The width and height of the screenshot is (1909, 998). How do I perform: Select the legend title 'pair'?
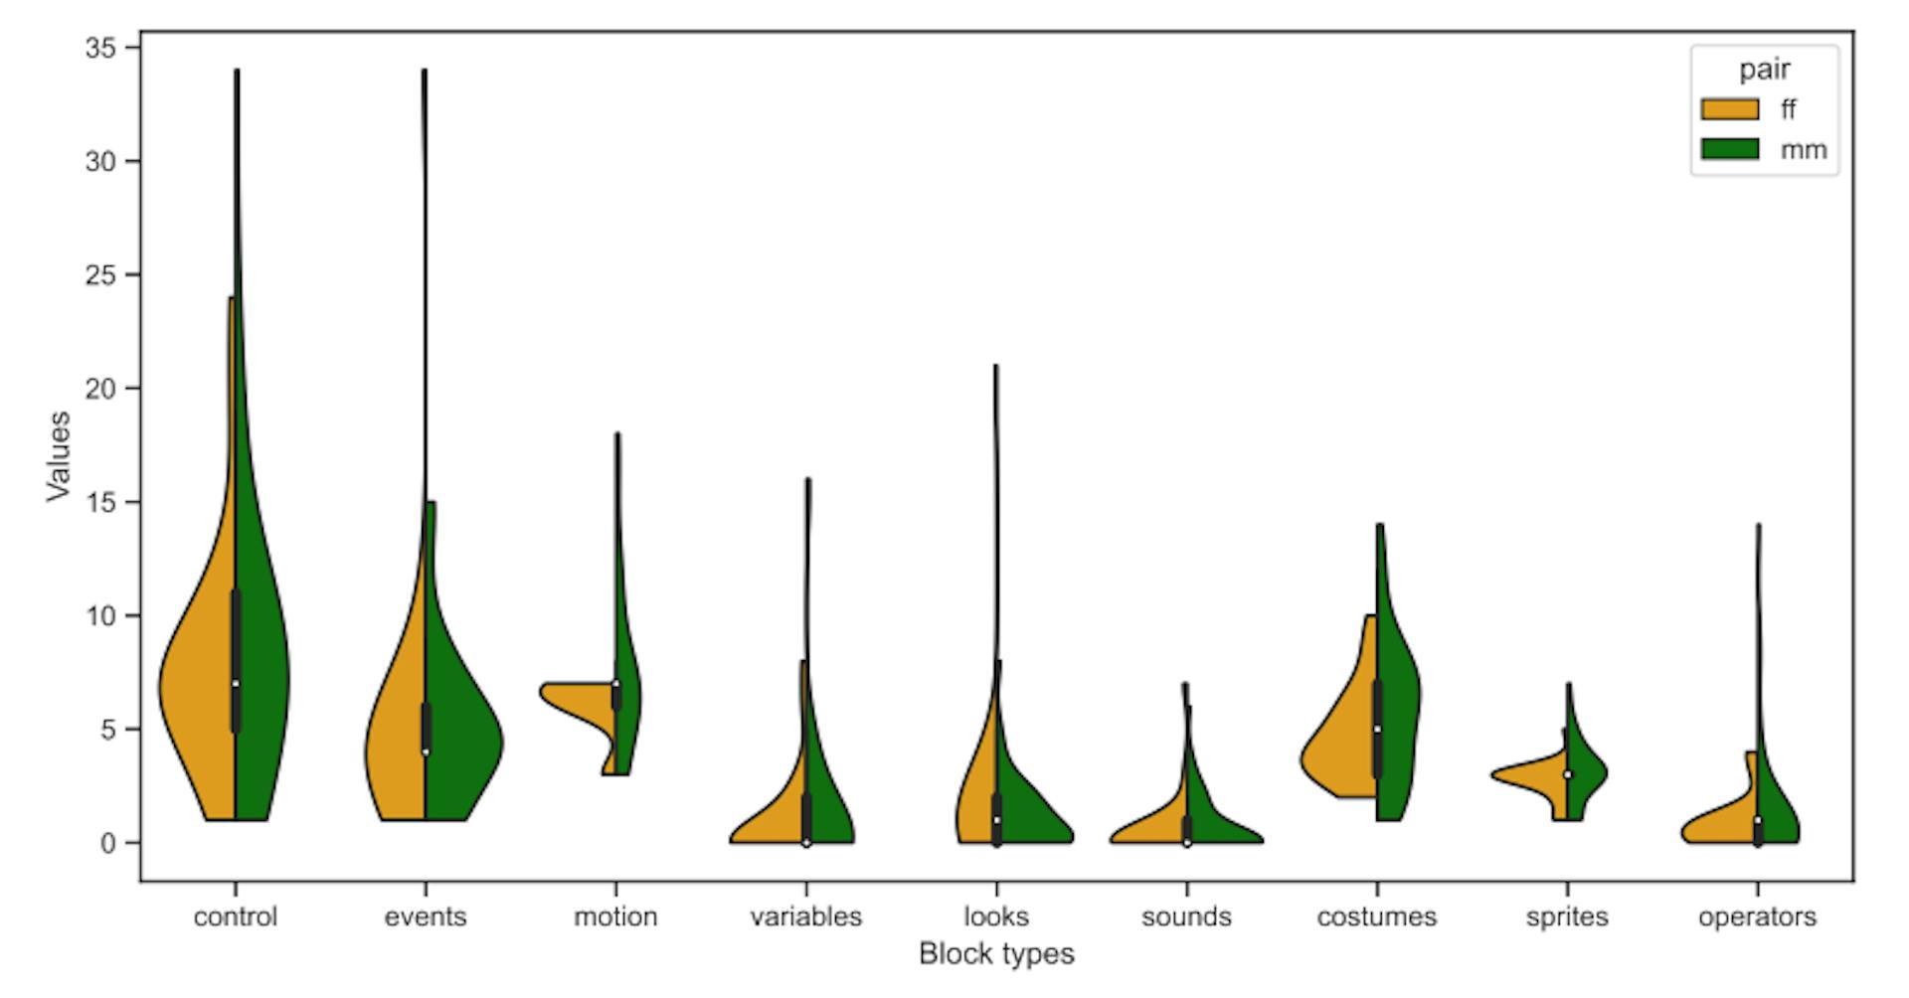click(x=1764, y=70)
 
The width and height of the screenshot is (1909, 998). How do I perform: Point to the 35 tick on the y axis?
click(x=100, y=48)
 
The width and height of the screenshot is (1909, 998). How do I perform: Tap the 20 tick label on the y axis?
click(x=100, y=389)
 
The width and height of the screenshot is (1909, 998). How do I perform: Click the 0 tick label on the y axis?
click(x=107, y=843)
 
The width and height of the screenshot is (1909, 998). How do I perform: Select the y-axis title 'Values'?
click(x=59, y=456)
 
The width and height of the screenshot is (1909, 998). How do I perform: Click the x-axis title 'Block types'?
click(x=996, y=954)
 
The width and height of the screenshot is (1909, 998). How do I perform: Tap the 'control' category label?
click(x=236, y=916)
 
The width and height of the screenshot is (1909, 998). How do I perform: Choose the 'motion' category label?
click(x=615, y=916)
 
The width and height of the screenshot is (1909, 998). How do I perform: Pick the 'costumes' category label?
click(x=1376, y=916)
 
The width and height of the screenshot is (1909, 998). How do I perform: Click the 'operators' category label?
click(x=1757, y=916)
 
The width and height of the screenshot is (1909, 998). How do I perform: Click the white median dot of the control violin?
click(x=236, y=684)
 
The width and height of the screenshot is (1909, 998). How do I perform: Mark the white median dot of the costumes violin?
click(x=1377, y=730)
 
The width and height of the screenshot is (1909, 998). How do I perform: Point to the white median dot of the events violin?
click(x=426, y=751)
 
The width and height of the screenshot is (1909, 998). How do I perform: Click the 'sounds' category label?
click(x=1186, y=916)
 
